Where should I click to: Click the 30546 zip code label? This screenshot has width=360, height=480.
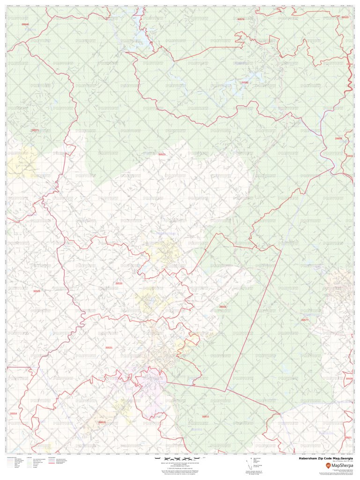(x=25, y=24)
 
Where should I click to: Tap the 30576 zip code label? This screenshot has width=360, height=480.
(x=241, y=19)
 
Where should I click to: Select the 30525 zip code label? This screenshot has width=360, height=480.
(x=345, y=17)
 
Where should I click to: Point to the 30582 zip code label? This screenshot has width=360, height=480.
(x=245, y=82)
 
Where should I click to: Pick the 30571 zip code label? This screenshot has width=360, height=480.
(x=35, y=130)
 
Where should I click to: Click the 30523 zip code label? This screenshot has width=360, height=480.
(x=162, y=154)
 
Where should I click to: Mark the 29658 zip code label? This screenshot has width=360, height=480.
(x=338, y=139)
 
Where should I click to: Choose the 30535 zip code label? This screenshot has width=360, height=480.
(x=119, y=283)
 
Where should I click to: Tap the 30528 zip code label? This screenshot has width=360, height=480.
(x=37, y=291)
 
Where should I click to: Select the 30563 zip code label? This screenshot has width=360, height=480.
(x=223, y=307)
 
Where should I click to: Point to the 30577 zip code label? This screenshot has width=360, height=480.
(x=305, y=320)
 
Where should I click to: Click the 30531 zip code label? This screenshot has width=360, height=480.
(x=109, y=347)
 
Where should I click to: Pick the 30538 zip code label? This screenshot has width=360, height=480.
(x=349, y=378)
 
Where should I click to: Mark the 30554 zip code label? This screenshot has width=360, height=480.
(x=14, y=414)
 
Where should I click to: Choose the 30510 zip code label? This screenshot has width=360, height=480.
(x=102, y=422)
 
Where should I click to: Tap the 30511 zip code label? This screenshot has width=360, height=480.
(x=205, y=416)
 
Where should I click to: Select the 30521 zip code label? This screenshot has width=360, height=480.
(x=347, y=437)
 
